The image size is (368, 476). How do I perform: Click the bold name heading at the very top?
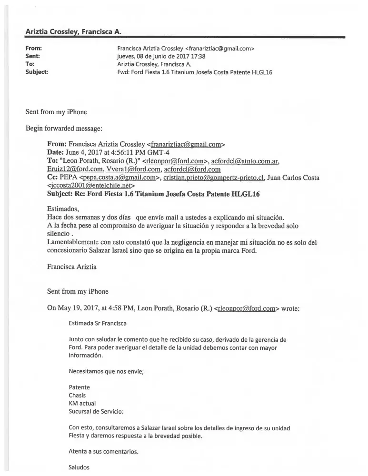(73, 31)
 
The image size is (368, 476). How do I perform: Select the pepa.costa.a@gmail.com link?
(121, 178)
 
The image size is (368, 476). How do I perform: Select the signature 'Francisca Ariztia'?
(72, 267)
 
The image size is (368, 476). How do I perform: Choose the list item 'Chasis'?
(78, 396)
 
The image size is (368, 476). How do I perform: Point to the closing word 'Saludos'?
(79, 467)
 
